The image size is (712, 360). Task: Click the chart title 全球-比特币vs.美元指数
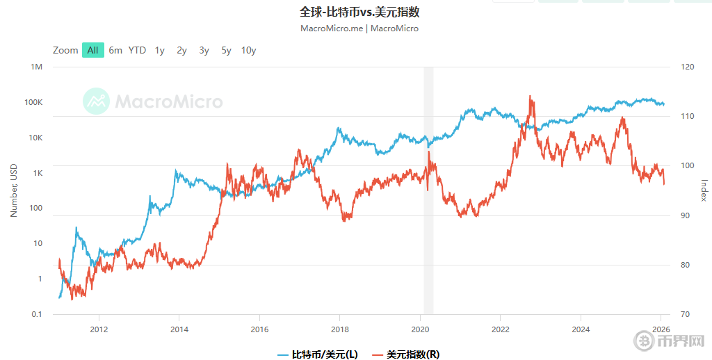(359, 13)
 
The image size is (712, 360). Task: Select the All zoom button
(92, 50)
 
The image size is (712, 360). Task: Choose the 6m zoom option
(115, 50)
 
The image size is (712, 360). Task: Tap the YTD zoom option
(137, 50)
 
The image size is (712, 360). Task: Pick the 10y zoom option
(248, 50)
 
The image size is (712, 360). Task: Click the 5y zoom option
(226, 50)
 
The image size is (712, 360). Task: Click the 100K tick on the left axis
(33, 102)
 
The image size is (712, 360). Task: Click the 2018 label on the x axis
(339, 329)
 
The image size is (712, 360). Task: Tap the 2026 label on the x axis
(661, 329)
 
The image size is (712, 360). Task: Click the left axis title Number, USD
(13, 190)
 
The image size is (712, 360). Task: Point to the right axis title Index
(704, 190)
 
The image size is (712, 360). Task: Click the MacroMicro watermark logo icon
(97, 101)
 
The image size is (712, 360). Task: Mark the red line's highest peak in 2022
(531, 97)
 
